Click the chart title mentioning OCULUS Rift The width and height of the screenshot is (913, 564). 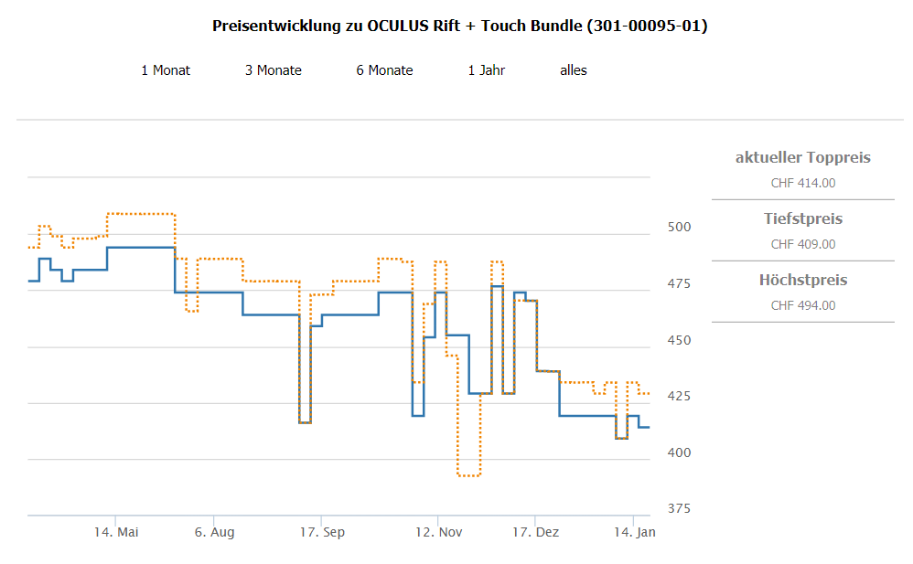459,26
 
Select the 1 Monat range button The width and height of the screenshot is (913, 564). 166,70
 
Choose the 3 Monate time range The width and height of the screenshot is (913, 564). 273,70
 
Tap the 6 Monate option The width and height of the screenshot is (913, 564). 384,70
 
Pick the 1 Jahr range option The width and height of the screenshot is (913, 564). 486,70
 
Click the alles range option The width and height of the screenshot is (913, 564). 574,70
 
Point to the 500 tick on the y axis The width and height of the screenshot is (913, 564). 678,228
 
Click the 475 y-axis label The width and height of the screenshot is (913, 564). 678,284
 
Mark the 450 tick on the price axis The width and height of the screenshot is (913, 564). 678,341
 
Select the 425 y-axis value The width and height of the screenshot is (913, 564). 678,397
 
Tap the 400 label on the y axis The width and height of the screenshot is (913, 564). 678,453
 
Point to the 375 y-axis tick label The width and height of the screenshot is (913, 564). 678,509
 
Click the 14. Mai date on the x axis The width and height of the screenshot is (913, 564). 116,532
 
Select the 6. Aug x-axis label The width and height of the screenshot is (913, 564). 214,532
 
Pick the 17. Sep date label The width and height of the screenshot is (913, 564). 322,532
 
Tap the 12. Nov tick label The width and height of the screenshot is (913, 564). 439,532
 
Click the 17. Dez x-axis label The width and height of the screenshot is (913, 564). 535,532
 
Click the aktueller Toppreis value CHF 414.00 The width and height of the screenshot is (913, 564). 803,183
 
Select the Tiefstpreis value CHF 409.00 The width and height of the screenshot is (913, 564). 803,244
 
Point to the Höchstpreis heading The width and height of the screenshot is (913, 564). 803,280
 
